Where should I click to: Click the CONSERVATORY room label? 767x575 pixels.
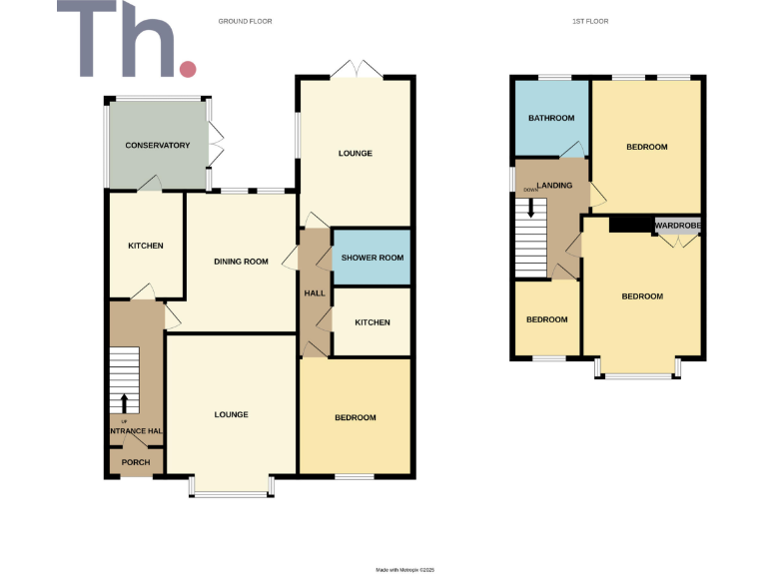[157, 146]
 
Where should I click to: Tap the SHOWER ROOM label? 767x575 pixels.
[373, 258]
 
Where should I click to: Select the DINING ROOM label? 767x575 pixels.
[242, 262]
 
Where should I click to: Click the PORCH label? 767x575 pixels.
[135, 462]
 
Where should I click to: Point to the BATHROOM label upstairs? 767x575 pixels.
[551, 118]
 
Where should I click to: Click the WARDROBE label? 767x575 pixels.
[678, 227]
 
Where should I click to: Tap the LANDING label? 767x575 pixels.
[554, 186]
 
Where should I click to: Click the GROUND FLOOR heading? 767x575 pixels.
[246, 21]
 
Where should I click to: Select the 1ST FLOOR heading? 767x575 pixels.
[591, 21]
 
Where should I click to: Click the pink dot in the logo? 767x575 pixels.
[187, 68]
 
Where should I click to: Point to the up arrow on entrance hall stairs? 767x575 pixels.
[124, 402]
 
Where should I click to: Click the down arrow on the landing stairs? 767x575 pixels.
[531, 208]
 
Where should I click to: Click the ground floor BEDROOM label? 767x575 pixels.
[355, 417]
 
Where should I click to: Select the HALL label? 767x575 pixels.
[315, 292]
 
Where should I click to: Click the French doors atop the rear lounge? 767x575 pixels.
[356, 70]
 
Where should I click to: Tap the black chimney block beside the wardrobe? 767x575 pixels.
[629, 225]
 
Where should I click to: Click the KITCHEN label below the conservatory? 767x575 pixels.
[145, 246]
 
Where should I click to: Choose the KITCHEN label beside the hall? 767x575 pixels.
[372, 322]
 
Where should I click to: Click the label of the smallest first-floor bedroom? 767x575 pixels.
[546, 319]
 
